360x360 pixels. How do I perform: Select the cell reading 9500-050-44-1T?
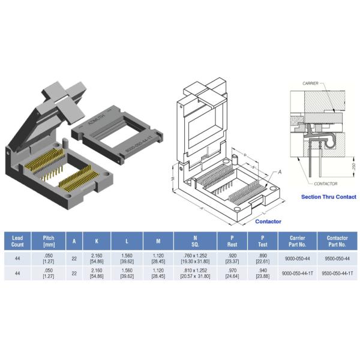[335, 273]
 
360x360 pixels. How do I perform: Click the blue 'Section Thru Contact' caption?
[328, 197]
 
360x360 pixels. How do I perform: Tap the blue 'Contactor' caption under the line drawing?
[268, 221]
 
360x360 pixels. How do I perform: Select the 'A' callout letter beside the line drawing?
[278, 172]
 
